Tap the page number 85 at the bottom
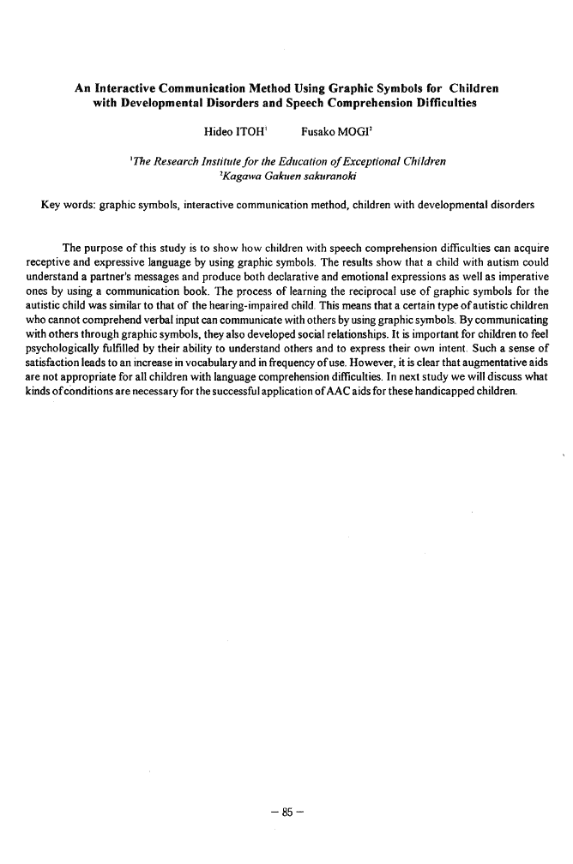[x=286, y=805]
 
